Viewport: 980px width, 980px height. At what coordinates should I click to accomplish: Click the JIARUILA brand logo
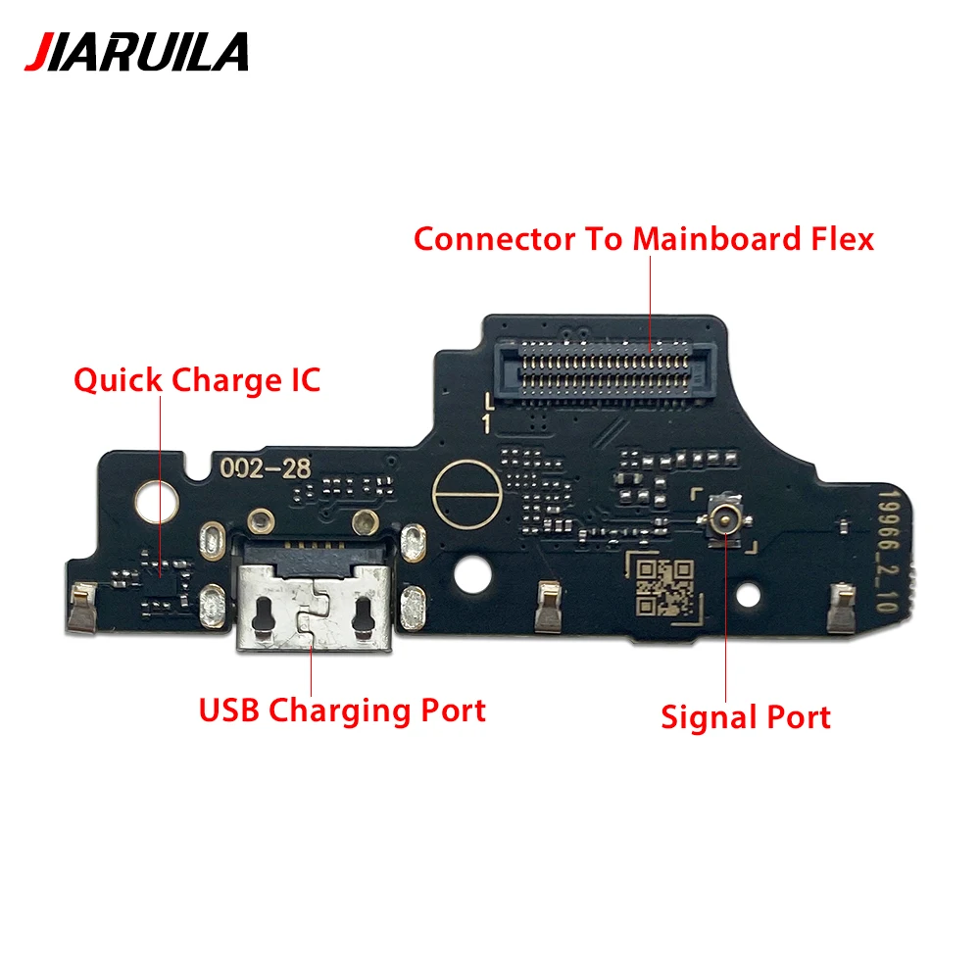click(x=136, y=52)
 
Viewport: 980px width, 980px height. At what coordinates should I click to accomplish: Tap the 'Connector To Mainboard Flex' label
click(x=643, y=238)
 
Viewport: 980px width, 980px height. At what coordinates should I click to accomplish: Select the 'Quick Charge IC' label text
click(x=197, y=380)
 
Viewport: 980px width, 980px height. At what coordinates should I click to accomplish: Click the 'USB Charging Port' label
click(x=342, y=710)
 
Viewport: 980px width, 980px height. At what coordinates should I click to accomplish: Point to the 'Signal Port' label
click(x=745, y=716)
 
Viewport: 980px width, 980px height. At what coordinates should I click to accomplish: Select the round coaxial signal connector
click(x=726, y=518)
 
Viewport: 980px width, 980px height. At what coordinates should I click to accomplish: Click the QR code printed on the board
click(x=662, y=585)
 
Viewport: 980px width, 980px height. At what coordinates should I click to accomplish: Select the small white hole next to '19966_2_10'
click(x=750, y=593)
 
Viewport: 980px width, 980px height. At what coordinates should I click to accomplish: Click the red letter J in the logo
click(x=38, y=52)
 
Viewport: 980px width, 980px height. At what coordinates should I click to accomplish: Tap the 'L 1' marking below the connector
click(x=486, y=411)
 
